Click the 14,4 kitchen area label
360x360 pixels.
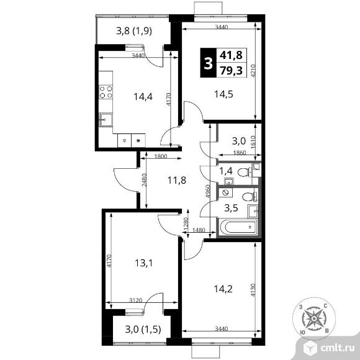pyautogui.click(x=143, y=97)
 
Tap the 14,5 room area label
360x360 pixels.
pyautogui.click(x=223, y=94)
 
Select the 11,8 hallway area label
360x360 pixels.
pyautogui.click(x=176, y=180)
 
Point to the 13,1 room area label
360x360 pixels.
pyautogui.click(x=144, y=263)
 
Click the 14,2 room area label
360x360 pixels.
pyautogui.click(x=223, y=289)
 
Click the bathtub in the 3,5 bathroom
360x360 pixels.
pyautogui.click(x=238, y=227)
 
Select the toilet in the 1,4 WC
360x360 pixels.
pyautogui.click(x=245, y=172)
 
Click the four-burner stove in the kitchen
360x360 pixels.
pyautogui.click(x=106, y=92)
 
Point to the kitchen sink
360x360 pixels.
pyautogui.click(x=106, y=120)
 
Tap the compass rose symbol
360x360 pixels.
pyautogui.click(x=314, y=318)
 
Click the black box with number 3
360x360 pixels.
pyautogui.click(x=208, y=63)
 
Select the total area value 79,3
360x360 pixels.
pyautogui.click(x=231, y=70)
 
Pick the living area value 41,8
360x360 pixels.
pyautogui.click(x=231, y=55)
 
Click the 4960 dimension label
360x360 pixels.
pyautogui.click(x=207, y=191)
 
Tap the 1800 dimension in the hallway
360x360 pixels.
pyautogui.click(x=161, y=156)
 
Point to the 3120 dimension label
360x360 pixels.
pyautogui.click(x=136, y=300)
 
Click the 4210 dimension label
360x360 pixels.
pyautogui.click(x=253, y=71)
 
